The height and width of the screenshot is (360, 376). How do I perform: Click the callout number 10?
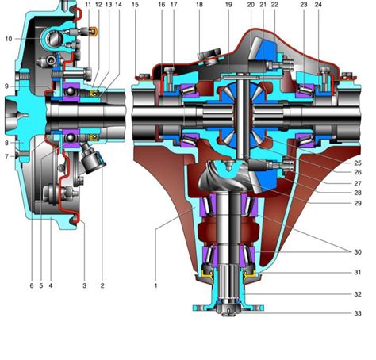[9, 39]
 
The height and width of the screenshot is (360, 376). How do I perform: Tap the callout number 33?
[358, 313]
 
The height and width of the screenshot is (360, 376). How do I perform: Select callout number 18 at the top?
[199, 5]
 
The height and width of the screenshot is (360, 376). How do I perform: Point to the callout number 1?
[155, 285]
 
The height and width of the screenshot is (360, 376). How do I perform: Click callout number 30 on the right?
[358, 252]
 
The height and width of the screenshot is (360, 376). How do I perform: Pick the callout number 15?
[135, 5]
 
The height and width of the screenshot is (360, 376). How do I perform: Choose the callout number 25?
[358, 163]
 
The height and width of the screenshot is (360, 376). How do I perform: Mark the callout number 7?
[7, 156]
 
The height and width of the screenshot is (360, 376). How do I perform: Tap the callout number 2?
[102, 285]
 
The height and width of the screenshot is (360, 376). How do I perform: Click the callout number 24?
[318, 5]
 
